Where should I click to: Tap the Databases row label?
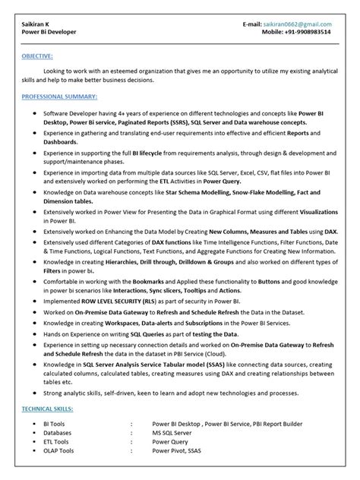[58, 433]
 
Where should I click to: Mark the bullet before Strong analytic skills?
[36, 392]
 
